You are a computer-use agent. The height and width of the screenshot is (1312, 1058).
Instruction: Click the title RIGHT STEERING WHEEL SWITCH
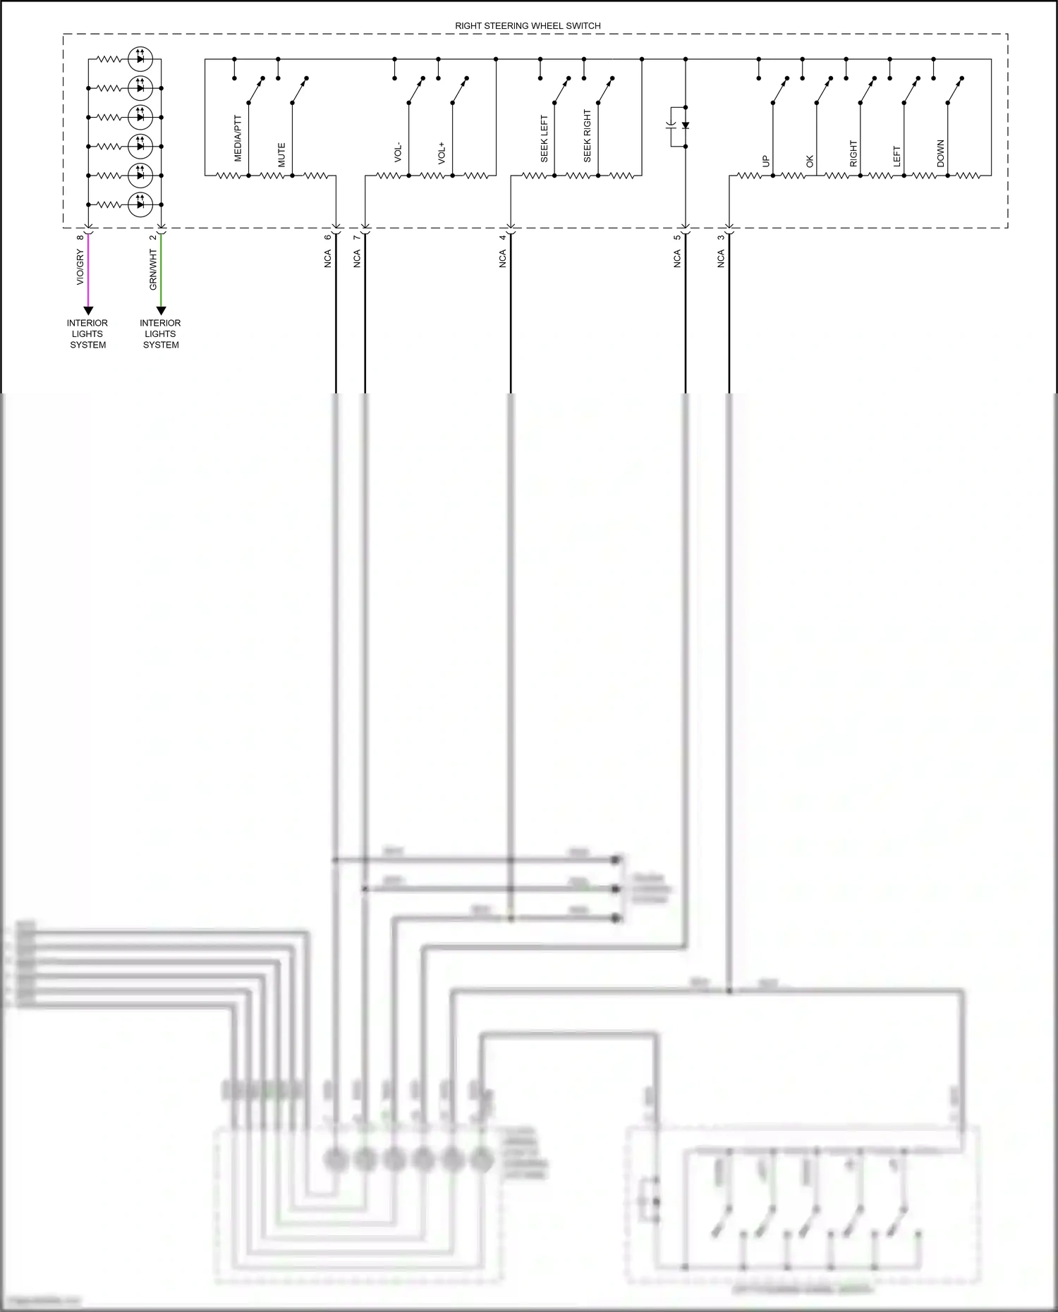point(528,26)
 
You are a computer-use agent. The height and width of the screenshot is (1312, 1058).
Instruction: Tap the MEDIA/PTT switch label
point(238,138)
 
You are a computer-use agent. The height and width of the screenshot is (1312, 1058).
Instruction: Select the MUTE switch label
point(281,155)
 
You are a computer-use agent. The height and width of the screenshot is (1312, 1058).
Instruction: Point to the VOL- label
point(399,153)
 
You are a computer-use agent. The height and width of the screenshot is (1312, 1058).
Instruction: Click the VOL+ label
point(442,153)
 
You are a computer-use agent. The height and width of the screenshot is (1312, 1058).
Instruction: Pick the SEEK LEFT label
point(544,139)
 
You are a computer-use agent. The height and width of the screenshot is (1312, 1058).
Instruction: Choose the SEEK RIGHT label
point(588,136)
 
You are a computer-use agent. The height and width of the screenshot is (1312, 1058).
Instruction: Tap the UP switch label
point(766,161)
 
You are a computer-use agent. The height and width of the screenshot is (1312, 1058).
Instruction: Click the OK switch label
point(810,161)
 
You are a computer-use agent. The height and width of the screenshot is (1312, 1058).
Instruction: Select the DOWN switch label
point(940,154)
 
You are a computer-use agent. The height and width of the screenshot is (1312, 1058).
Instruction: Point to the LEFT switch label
point(897,157)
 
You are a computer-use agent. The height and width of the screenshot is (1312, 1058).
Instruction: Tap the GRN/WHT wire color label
point(153,269)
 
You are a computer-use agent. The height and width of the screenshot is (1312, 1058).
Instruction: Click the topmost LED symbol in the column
point(140,59)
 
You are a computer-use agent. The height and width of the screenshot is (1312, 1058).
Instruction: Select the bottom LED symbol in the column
point(140,204)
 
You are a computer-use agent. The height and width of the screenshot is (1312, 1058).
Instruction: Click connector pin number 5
point(677,237)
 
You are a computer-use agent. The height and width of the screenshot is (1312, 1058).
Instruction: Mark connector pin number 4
point(503,237)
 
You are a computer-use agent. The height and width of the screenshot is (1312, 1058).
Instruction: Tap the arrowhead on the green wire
point(161,310)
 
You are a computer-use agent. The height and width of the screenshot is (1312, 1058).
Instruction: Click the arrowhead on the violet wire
point(88,310)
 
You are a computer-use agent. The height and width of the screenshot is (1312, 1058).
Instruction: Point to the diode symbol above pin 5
point(685,125)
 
